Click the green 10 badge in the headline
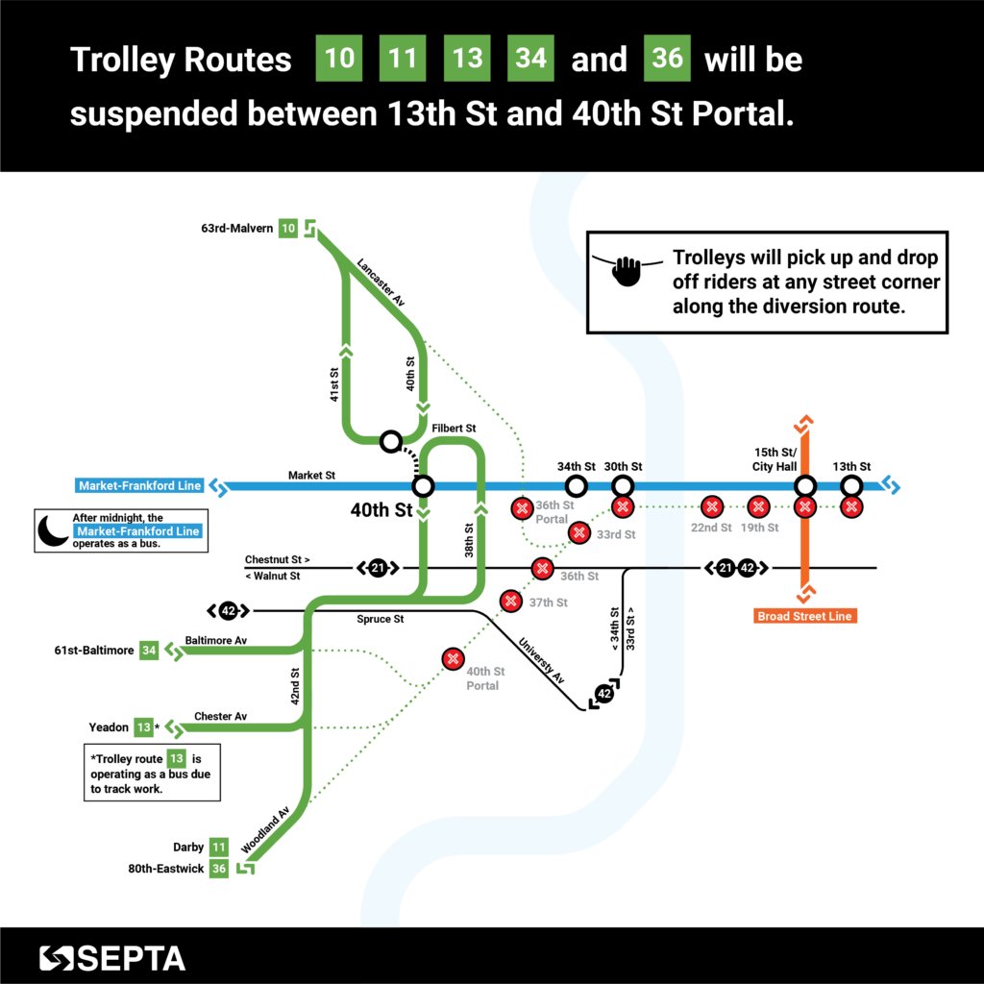click(338, 60)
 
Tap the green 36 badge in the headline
click(667, 60)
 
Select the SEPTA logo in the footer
click(112, 957)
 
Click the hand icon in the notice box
click(627, 269)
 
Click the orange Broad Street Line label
click(805, 615)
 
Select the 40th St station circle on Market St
click(423, 485)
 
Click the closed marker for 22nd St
click(711, 506)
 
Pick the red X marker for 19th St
click(758, 506)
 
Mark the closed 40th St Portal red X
click(453, 659)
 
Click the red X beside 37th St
click(510, 602)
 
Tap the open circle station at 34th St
click(577, 486)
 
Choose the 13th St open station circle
click(851, 486)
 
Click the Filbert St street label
click(455, 428)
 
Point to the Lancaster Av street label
click(381, 282)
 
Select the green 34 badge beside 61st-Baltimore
click(149, 651)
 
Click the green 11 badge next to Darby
click(219, 848)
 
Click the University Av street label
click(542, 662)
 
